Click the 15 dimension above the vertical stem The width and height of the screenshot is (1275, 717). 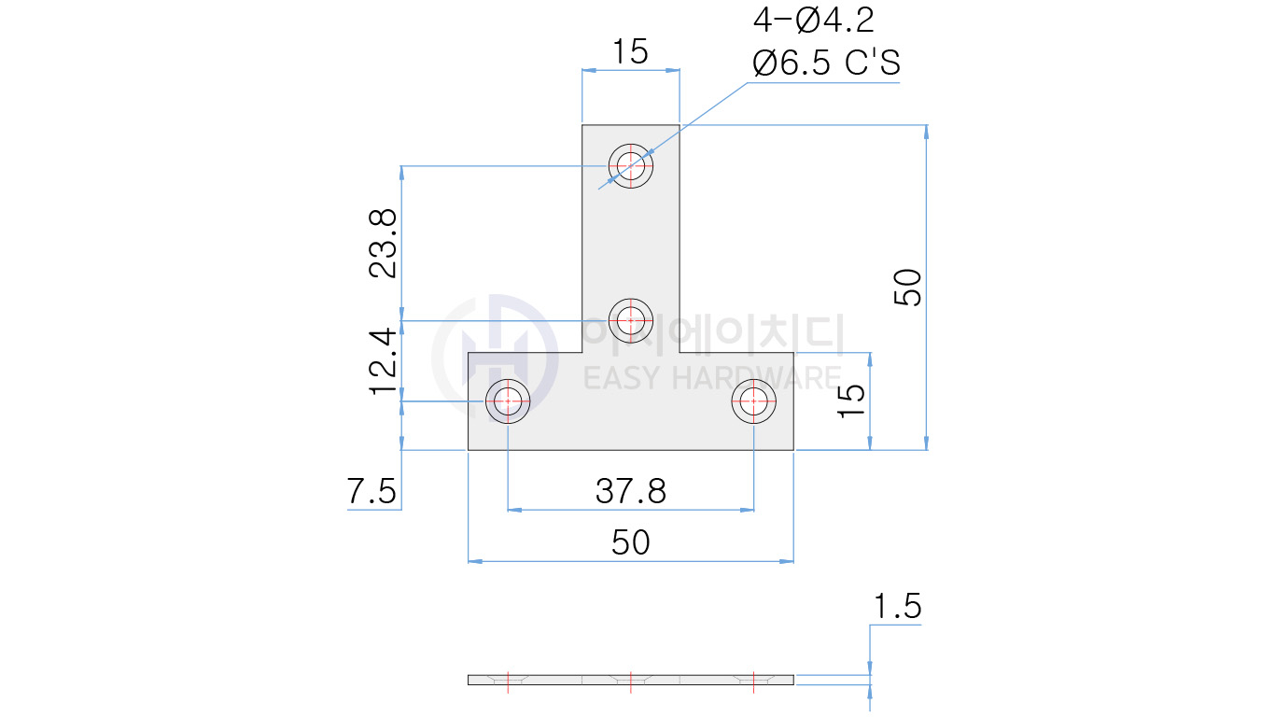630,52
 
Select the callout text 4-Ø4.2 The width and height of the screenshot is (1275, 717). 813,21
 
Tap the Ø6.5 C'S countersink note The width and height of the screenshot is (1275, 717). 826,63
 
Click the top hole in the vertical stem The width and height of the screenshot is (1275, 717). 631,166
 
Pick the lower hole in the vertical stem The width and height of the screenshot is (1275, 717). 631,320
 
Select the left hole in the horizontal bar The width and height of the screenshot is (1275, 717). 507,401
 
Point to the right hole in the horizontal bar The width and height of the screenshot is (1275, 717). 753,401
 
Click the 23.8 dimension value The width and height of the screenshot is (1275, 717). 383,243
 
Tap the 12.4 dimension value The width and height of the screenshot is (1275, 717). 383,360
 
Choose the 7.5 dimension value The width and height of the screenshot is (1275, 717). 372,491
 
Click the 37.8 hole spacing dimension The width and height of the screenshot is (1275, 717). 631,491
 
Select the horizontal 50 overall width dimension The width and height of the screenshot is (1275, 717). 631,542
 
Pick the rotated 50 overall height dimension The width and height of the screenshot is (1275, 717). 907,287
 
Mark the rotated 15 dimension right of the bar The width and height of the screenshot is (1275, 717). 851,401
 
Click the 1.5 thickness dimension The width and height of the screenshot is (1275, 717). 896,608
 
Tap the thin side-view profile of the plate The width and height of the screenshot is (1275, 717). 631,680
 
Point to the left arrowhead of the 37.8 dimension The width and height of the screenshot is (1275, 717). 513,511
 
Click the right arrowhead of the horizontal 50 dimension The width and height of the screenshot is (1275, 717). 787,561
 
